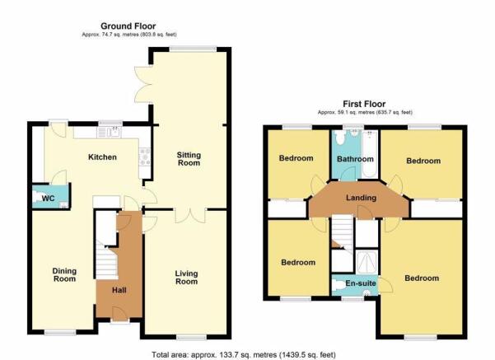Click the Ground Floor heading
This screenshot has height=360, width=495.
[128, 26]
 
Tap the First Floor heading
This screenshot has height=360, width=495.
[364, 104]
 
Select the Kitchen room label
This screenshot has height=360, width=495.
[102, 157]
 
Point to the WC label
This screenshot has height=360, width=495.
[48, 199]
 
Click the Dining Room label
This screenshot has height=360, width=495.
[64, 275]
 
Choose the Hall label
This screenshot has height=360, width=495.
[119, 290]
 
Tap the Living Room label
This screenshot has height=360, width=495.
[187, 278]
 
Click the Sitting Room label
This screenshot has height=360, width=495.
[189, 159]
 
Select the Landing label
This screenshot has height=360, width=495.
[361, 198]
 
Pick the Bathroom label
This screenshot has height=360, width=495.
[355, 159]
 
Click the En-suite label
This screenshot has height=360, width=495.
[361, 283]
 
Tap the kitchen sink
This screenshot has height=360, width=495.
[109, 132]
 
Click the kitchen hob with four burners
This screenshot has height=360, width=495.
[145, 157]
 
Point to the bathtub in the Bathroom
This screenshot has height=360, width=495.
[370, 154]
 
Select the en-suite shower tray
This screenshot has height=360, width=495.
[367, 262]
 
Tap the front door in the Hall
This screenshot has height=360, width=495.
[119, 313]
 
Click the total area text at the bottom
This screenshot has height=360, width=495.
[244, 355]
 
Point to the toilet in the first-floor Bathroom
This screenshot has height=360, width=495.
[339, 138]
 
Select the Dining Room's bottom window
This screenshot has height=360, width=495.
[60, 332]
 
